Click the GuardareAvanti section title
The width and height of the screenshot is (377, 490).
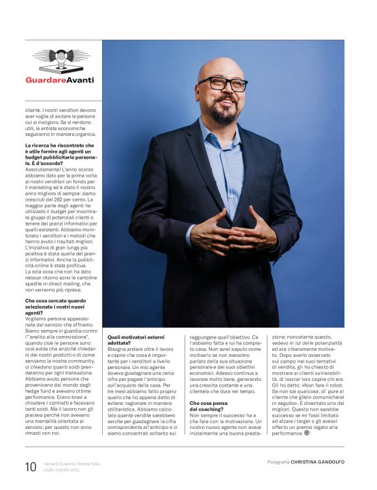coord(60,80)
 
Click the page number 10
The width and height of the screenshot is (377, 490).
coord(31,467)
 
